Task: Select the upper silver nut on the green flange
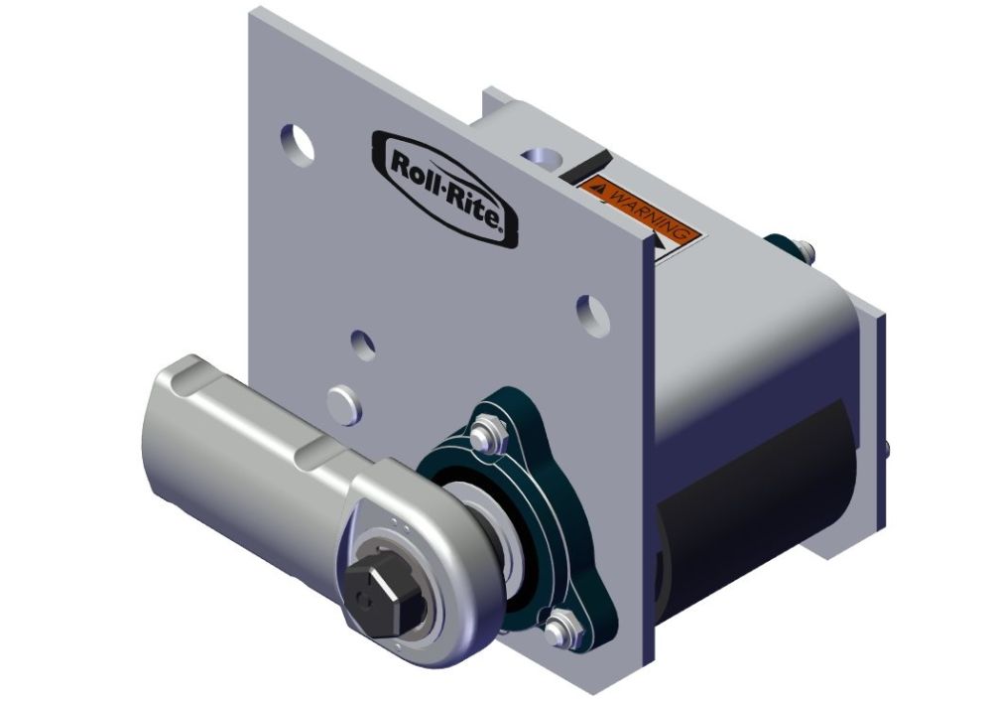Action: point(484,434)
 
